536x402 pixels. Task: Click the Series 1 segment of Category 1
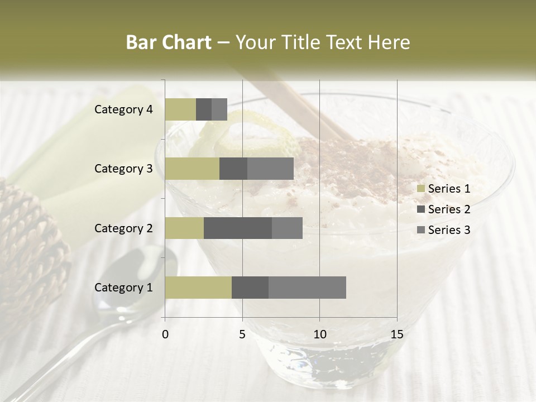pyautogui.click(x=198, y=288)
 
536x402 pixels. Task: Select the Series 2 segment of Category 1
pyautogui.click(x=250, y=288)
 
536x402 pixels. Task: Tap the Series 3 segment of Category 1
pyautogui.click(x=307, y=288)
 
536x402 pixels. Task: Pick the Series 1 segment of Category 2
pyautogui.click(x=184, y=228)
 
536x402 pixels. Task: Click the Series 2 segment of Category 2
pyautogui.click(x=238, y=228)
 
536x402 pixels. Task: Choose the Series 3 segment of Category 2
pyautogui.click(x=287, y=228)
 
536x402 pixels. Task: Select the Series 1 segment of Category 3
pyautogui.click(x=192, y=169)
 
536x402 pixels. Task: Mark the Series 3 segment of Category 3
pyautogui.click(x=270, y=169)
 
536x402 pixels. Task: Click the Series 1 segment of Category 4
pyautogui.click(x=180, y=109)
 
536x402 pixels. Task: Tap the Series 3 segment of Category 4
pyautogui.click(x=219, y=109)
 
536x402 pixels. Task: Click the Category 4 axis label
pyautogui.click(x=123, y=109)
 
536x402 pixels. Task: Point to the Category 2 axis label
pyautogui.click(x=123, y=228)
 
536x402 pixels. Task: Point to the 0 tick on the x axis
pyautogui.click(x=165, y=334)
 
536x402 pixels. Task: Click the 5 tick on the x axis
pyautogui.click(x=242, y=334)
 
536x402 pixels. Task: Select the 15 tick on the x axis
pyautogui.click(x=396, y=334)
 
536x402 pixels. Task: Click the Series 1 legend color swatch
pyautogui.click(x=420, y=189)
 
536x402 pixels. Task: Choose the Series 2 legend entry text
pyautogui.click(x=449, y=209)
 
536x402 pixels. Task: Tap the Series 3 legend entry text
pyautogui.click(x=449, y=230)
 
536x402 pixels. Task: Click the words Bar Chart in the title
pyautogui.click(x=169, y=42)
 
